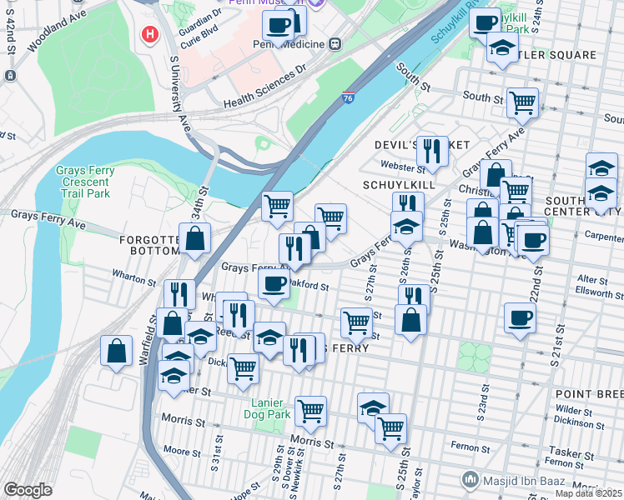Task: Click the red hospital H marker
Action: pyautogui.click(x=149, y=34)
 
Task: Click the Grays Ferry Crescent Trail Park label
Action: pyautogui.click(x=83, y=182)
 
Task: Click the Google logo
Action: pyautogui.click(x=28, y=490)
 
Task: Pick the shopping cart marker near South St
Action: pyautogui.click(x=522, y=103)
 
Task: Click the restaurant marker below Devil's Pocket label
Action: pyautogui.click(x=431, y=151)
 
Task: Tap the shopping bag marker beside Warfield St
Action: pyautogui.click(x=116, y=351)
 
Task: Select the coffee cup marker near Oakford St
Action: pyautogui.click(x=273, y=283)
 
